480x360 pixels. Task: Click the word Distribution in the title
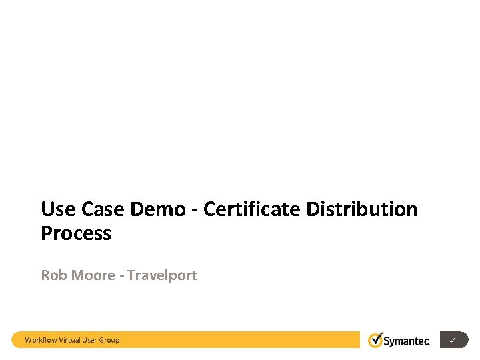point(362,209)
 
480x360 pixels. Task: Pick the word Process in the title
point(76,234)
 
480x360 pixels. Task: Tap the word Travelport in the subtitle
point(162,275)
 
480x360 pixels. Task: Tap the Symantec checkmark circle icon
point(377,339)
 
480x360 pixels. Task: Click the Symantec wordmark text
point(408,341)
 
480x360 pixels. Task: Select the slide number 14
point(453,340)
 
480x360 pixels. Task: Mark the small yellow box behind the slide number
point(460,340)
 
